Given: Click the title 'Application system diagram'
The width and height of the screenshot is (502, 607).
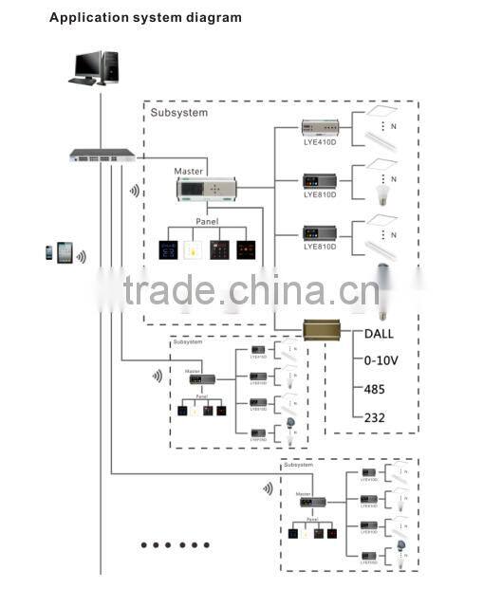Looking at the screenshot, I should click(x=145, y=17).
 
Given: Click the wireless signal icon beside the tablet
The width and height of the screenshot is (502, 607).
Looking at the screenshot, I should click(x=82, y=256).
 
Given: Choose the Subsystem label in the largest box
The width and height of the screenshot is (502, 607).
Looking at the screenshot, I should click(x=178, y=112).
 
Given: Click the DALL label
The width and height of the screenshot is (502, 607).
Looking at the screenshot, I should click(x=380, y=334).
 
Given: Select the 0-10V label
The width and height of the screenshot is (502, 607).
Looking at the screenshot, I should click(x=381, y=361).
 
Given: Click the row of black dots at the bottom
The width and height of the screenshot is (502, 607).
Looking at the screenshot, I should click(x=175, y=545).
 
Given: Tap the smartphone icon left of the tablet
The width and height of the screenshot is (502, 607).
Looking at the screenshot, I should click(x=48, y=252).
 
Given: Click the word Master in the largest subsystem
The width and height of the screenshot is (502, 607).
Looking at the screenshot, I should click(x=187, y=172).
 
